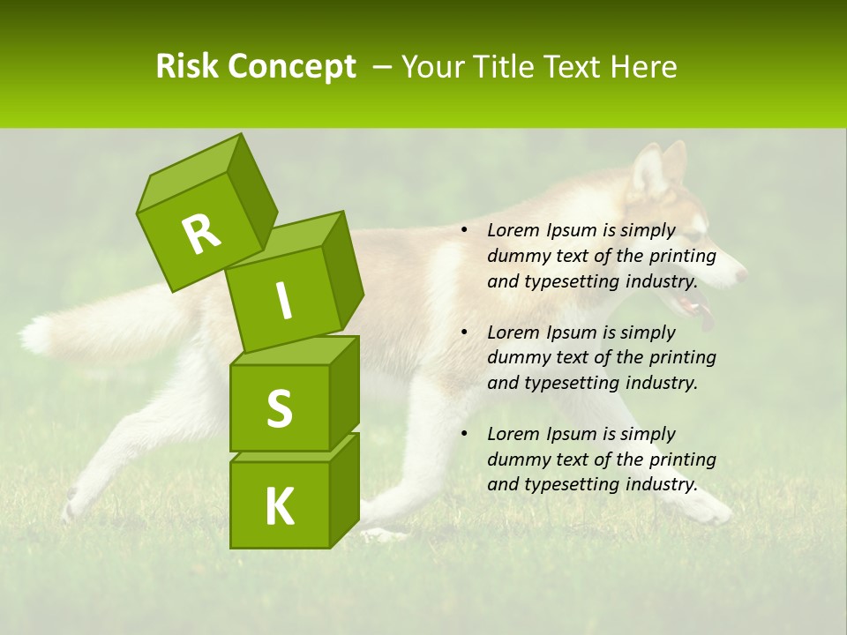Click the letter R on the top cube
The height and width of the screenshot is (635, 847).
coord(202,235)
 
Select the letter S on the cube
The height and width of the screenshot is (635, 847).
coord(279,409)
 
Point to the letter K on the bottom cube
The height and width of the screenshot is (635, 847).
coord(279,507)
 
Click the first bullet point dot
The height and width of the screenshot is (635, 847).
coord(463,231)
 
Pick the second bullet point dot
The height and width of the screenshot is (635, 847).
coord(463,333)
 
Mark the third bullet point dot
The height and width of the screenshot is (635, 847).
coord(463,435)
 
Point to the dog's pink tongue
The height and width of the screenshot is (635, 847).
coord(705,316)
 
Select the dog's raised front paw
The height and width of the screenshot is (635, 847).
coord(711,510)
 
